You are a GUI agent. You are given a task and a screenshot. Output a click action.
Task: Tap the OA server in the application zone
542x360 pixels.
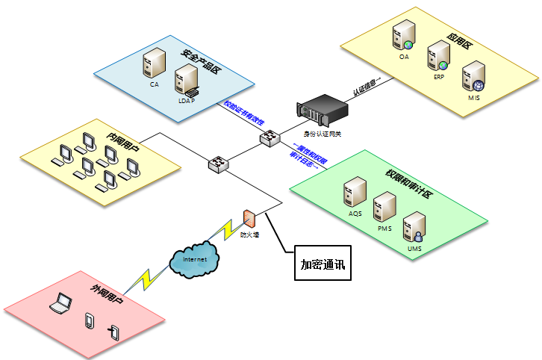404,36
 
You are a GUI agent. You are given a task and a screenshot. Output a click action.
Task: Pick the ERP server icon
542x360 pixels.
438,56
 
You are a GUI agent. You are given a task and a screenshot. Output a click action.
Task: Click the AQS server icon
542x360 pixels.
354,193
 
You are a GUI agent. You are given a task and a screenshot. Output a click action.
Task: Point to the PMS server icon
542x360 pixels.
384,205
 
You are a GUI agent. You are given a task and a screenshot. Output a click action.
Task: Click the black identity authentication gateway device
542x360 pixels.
323,111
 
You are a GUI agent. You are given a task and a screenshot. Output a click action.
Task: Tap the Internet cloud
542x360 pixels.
195,259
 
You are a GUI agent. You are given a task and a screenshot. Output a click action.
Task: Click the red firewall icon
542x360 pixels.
249,219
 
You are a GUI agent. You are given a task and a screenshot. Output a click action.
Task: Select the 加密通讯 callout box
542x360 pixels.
322,264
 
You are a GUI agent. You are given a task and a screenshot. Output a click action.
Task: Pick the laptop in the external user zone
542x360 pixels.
60,302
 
